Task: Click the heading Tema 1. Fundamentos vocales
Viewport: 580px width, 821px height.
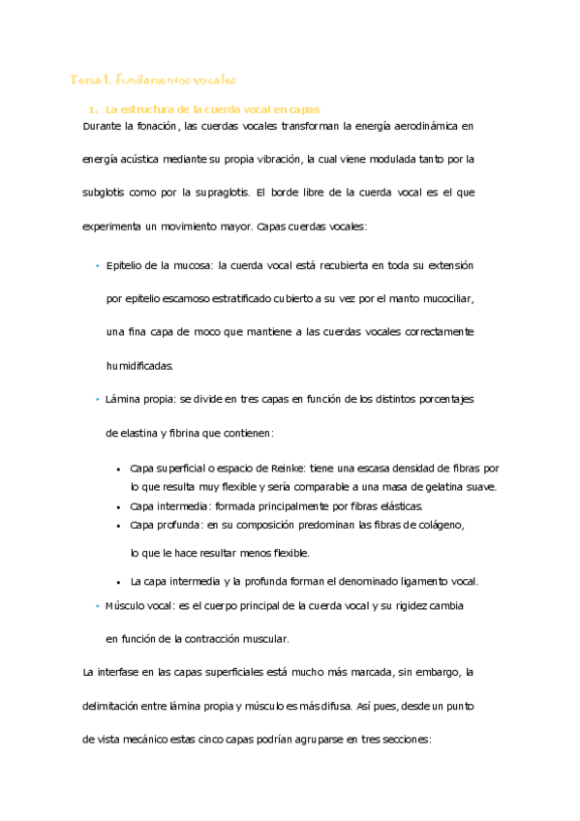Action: click(x=154, y=78)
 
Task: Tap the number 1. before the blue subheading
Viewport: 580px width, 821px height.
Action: click(x=92, y=109)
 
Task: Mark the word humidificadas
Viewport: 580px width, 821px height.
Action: click(x=140, y=366)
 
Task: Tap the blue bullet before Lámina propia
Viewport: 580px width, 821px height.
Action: click(x=97, y=399)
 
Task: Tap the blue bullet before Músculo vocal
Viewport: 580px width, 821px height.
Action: click(x=97, y=605)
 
